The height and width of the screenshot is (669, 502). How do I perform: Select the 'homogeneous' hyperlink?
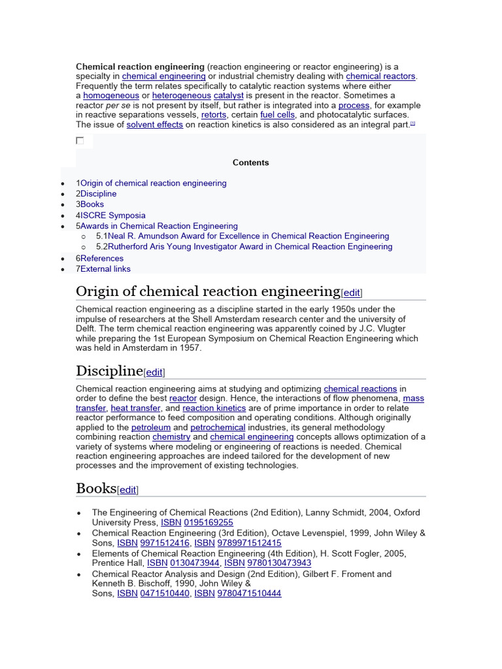click(x=111, y=96)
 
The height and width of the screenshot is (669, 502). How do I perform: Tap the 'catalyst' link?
click(x=228, y=96)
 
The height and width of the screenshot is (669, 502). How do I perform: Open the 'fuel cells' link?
click(x=277, y=115)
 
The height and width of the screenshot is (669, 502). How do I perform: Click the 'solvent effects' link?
click(x=154, y=125)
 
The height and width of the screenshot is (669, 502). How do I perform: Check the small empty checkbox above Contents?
click(x=80, y=140)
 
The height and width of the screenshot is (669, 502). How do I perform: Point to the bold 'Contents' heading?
click(x=250, y=163)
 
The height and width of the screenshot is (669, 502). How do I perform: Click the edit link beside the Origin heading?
click(x=352, y=293)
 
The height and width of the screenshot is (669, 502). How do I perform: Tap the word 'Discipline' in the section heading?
click(x=109, y=371)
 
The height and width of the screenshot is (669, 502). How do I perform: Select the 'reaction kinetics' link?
click(x=214, y=408)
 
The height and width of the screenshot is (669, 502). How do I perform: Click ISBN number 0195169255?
click(x=209, y=523)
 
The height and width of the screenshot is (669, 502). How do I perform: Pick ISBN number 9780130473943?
click(x=279, y=563)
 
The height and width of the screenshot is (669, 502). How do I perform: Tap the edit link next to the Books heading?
click(x=128, y=490)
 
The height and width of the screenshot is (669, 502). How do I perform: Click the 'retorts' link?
click(x=214, y=115)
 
